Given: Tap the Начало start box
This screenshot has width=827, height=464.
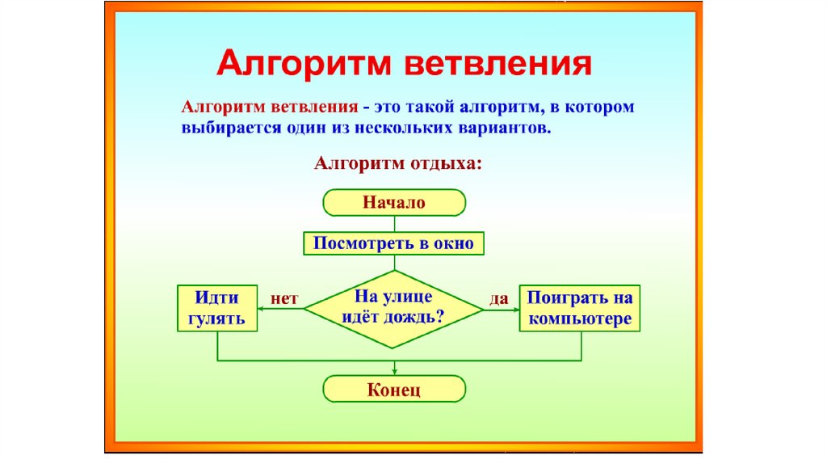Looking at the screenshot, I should pyautogui.click(x=394, y=203).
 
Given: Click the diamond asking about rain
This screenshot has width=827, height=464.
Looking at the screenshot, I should pyautogui.click(x=393, y=307).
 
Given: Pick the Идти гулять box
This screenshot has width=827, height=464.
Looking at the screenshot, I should pyautogui.click(x=216, y=307).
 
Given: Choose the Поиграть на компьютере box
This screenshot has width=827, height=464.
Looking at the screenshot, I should pyautogui.click(x=580, y=307).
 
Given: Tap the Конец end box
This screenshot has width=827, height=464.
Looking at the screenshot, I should pyautogui.click(x=394, y=390).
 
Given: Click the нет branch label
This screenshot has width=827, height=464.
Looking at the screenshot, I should pyautogui.click(x=284, y=298).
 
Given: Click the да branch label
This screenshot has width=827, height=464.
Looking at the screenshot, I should pyautogui.click(x=499, y=298).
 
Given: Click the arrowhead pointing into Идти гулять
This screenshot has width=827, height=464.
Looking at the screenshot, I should pyautogui.click(x=262, y=308).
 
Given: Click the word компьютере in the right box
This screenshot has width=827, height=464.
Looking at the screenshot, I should pyautogui.click(x=580, y=318).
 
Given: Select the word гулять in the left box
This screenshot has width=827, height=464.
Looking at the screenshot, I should pyautogui.click(x=216, y=318).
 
